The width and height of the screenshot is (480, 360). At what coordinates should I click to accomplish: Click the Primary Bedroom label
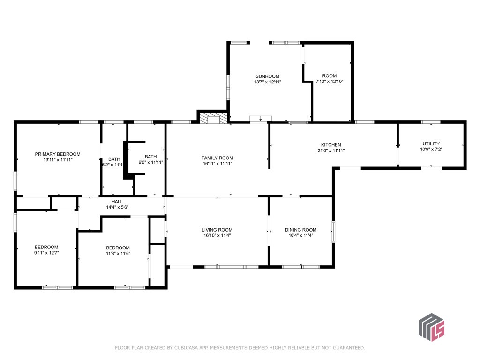point(58,154)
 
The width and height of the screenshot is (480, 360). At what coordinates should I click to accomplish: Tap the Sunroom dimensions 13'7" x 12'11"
point(267,82)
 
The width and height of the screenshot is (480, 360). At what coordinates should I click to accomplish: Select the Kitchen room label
point(331,145)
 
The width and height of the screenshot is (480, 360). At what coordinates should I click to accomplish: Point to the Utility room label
point(431,144)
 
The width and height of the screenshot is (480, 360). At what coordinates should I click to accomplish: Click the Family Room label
point(217,158)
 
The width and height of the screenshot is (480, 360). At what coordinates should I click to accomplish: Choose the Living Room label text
point(217,230)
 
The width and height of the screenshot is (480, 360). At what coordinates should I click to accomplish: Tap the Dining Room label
point(300,230)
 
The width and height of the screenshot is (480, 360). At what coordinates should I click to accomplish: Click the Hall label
point(117,201)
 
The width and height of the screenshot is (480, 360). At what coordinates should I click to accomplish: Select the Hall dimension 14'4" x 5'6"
point(117,207)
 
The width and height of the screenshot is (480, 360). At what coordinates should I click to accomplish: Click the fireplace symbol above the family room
point(213,118)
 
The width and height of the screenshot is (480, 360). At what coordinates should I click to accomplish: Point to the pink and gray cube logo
point(431,326)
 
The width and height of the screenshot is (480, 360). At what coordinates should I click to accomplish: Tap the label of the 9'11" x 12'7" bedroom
point(46,247)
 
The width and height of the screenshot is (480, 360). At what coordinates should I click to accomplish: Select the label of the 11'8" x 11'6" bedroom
point(118,248)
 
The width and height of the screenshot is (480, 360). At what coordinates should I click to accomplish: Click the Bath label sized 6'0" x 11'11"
point(150,157)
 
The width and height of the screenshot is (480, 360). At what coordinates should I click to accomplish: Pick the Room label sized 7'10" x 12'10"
point(330,76)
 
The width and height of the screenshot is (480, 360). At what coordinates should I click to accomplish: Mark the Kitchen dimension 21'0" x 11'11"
point(331,150)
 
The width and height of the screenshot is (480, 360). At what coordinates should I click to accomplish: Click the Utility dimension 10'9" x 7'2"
point(431,150)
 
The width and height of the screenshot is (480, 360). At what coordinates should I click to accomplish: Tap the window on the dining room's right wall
point(333,232)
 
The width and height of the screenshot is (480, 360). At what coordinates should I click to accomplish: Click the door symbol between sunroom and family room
point(260,119)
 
